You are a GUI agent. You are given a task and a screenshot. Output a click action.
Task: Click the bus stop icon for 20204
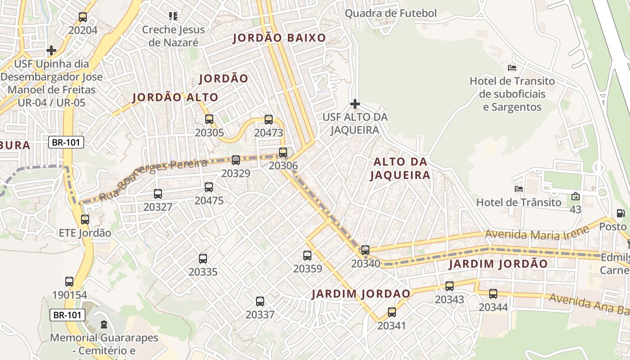pos(83,17)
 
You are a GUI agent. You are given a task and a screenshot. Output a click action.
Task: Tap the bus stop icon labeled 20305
pos(209,119)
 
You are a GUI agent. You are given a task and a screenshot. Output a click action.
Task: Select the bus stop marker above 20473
pos(269,119)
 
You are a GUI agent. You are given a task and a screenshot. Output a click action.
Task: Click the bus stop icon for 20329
pos(236,160)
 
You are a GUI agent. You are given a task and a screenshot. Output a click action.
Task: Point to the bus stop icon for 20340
pos(365,250)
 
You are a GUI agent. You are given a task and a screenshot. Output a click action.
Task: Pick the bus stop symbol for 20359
pos(307,256)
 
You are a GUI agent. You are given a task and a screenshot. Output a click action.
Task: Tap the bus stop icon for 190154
pos(69,282)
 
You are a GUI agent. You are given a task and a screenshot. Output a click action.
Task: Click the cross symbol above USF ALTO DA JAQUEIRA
pos(355,104)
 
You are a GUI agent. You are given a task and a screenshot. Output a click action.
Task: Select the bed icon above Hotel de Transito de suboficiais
pos(512,68)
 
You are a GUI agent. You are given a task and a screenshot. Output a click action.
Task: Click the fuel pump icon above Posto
pos(621,213)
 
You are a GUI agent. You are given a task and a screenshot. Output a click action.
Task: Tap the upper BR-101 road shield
pos(66,143)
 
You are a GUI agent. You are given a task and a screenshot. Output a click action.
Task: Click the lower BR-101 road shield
pos(67,315)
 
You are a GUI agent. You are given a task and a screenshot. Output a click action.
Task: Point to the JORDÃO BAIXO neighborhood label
pos(279,38)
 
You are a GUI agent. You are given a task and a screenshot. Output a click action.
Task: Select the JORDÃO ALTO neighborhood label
pos(175,97)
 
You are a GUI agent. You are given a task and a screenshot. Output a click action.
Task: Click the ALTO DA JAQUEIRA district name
pos(400,168)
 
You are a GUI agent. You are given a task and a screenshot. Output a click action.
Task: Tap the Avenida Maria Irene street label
pos(537,233)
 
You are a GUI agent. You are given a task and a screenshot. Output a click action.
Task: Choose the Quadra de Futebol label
pos(391,13)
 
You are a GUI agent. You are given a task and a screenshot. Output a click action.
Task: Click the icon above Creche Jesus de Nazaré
pos(173,16)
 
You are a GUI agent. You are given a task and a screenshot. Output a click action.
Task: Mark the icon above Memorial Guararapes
pos(104,324)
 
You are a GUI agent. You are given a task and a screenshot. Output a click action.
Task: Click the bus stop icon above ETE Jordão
pos(85,220)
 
